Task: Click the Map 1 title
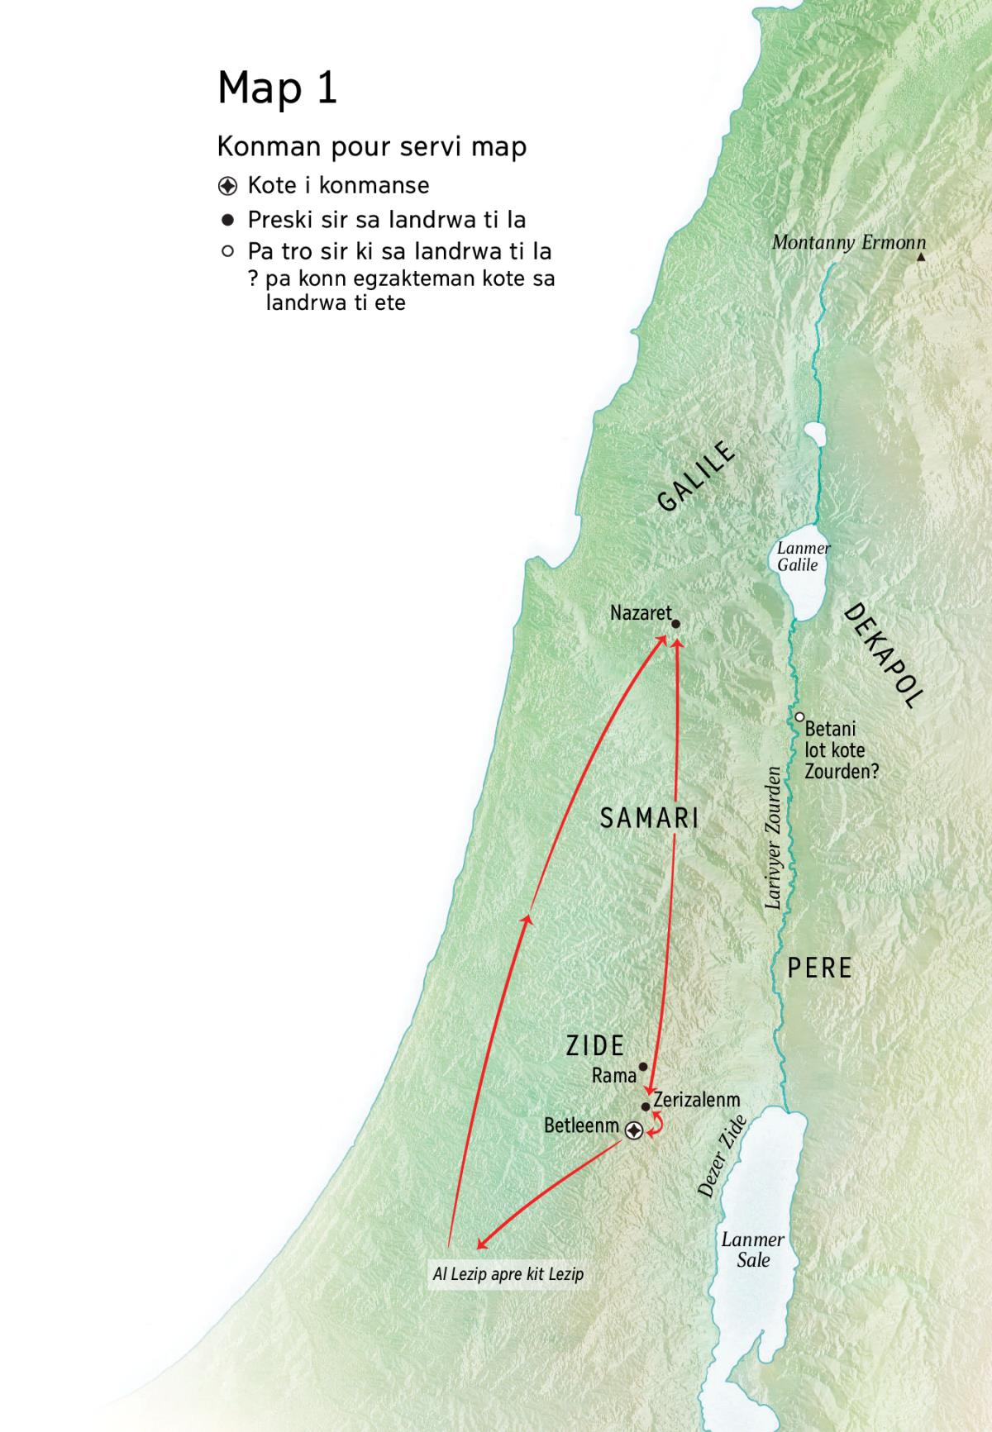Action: point(277,88)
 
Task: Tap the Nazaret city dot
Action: point(675,625)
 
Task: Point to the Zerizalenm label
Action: point(696,1100)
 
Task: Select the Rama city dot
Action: point(643,1067)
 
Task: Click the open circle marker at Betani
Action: point(799,716)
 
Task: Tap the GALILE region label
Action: point(696,476)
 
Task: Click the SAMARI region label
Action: point(650,818)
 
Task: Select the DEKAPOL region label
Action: point(883,656)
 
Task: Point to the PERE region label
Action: point(819,968)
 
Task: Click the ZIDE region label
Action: point(594,1045)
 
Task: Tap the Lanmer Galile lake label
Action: point(803,556)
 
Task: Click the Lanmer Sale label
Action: point(752,1249)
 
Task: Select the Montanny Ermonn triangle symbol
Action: point(921,258)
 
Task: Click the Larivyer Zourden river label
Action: point(774,838)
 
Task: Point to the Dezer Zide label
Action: point(723,1156)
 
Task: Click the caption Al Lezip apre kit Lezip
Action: point(508,1274)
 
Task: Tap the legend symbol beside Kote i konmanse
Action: point(227,185)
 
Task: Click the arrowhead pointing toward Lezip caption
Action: point(481,1244)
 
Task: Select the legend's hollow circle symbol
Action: point(227,251)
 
